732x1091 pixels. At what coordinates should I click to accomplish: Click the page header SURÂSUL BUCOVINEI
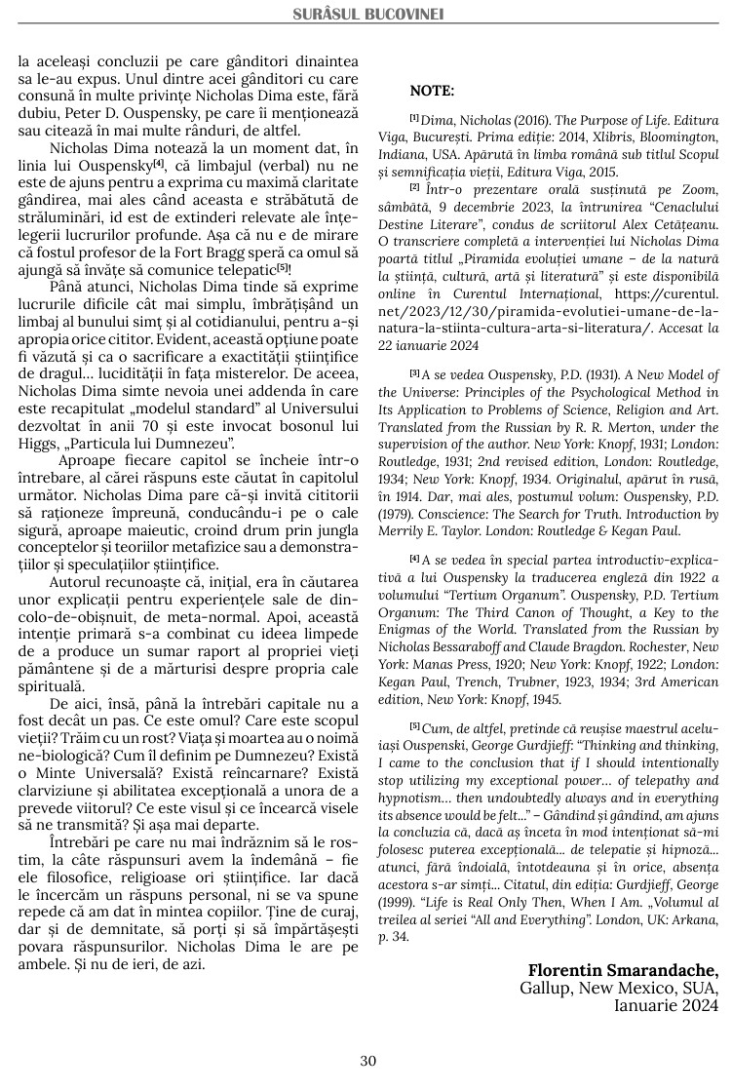367,15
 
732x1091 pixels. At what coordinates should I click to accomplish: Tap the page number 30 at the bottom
367,1061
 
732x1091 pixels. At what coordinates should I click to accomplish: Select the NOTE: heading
432,91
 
